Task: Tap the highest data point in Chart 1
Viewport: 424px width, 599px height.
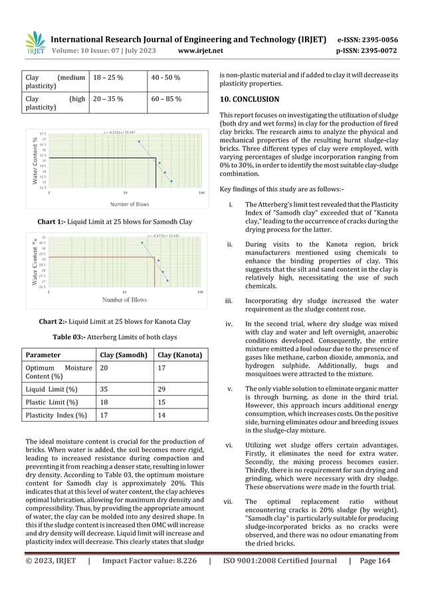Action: (139, 141)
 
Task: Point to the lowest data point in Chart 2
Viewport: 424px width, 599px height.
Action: (167, 281)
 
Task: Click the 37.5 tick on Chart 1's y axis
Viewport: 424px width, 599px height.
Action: (43, 133)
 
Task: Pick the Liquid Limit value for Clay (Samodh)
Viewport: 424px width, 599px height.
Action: (102, 388)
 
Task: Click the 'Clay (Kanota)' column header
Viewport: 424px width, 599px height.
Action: (179, 355)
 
